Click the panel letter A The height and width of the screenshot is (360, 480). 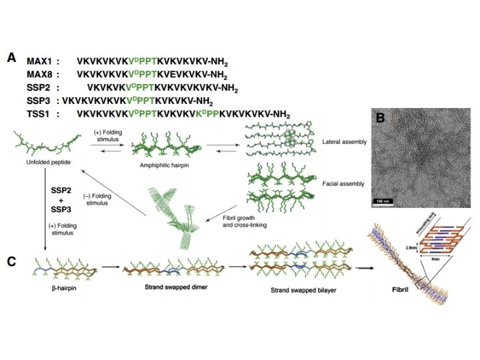click(x=11, y=58)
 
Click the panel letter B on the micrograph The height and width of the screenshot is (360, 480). click(x=380, y=118)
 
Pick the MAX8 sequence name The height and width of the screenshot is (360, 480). click(x=41, y=74)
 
